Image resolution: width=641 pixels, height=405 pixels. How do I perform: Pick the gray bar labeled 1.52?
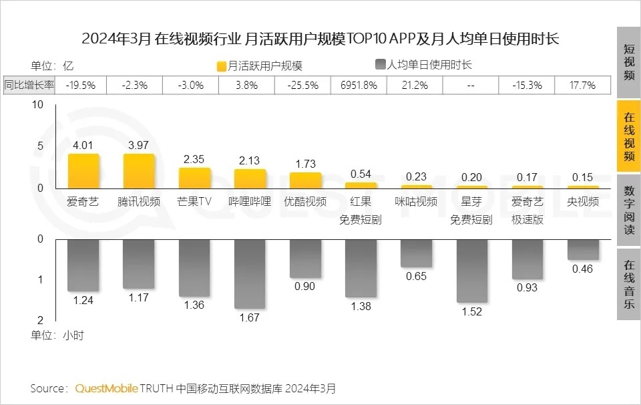click(x=471, y=270)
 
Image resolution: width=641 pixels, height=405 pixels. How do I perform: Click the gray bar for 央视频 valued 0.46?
click(x=583, y=249)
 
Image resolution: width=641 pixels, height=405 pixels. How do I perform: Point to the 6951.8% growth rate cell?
click(x=359, y=85)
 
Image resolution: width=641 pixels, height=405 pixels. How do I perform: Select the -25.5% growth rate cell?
click(x=303, y=85)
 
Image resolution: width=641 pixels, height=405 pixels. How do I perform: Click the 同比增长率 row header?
click(x=30, y=85)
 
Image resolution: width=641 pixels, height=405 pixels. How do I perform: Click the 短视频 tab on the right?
click(x=628, y=62)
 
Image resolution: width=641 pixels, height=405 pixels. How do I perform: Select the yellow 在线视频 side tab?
click(x=628, y=136)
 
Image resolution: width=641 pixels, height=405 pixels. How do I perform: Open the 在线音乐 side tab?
click(x=628, y=284)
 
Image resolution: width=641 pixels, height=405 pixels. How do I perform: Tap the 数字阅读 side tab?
click(x=628, y=211)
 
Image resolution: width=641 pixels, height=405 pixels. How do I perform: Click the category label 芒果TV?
click(x=194, y=202)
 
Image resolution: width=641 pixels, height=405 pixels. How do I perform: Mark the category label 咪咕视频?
click(x=416, y=202)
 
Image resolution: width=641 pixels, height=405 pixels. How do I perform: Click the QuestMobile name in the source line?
click(x=107, y=388)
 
